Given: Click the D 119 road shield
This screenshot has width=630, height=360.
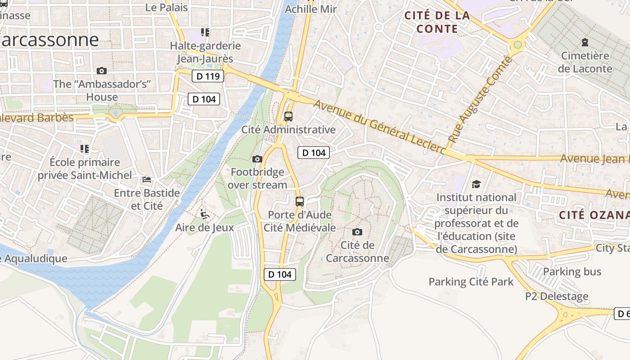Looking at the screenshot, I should click(208, 76).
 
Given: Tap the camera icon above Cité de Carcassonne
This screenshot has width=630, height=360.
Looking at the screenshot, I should click(357, 232).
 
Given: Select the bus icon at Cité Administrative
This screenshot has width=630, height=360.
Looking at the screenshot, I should click(288, 117).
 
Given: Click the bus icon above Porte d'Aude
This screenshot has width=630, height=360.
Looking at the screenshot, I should click(300, 201).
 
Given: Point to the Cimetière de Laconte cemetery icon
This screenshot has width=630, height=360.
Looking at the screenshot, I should click(585, 43).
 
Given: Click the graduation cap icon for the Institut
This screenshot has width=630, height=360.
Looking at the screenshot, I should click(476, 184).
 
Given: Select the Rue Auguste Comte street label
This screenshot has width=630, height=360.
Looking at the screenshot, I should click(480, 100).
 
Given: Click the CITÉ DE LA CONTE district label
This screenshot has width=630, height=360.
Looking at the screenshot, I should click(437, 22).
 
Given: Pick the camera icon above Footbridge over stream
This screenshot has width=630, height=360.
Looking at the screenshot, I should click(257, 159).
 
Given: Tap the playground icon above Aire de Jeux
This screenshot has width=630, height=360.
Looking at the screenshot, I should click(205, 214).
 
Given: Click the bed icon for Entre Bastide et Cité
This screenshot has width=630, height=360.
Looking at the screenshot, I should click(147, 180).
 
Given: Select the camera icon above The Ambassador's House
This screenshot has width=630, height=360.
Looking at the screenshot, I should click(102, 71).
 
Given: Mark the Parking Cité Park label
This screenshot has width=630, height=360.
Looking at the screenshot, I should click(471, 282).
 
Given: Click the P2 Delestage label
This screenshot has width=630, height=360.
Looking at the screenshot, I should click(557, 297).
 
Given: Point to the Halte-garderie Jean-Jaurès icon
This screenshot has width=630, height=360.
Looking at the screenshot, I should click(205, 32).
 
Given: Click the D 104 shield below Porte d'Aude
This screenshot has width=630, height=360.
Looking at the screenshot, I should click(280, 274).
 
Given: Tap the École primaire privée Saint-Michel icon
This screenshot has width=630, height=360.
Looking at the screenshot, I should click(85, 148).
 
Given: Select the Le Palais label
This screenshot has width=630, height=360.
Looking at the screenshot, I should click(167, 8).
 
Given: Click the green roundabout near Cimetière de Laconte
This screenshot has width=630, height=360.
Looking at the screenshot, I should click(517, 45).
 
